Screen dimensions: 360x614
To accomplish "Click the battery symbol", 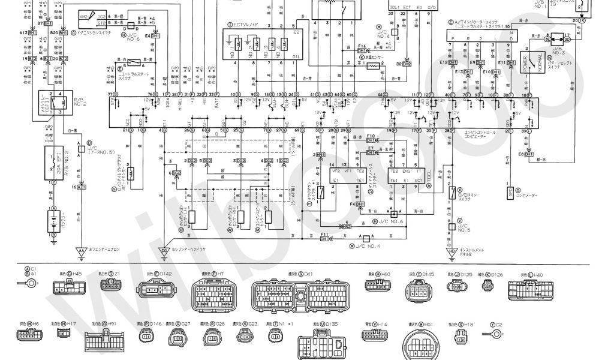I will [53, 218].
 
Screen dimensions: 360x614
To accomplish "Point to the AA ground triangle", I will [79, 250].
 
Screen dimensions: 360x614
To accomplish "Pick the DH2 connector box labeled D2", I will [407, 63].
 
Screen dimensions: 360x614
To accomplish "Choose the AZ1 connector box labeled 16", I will [82, 187].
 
